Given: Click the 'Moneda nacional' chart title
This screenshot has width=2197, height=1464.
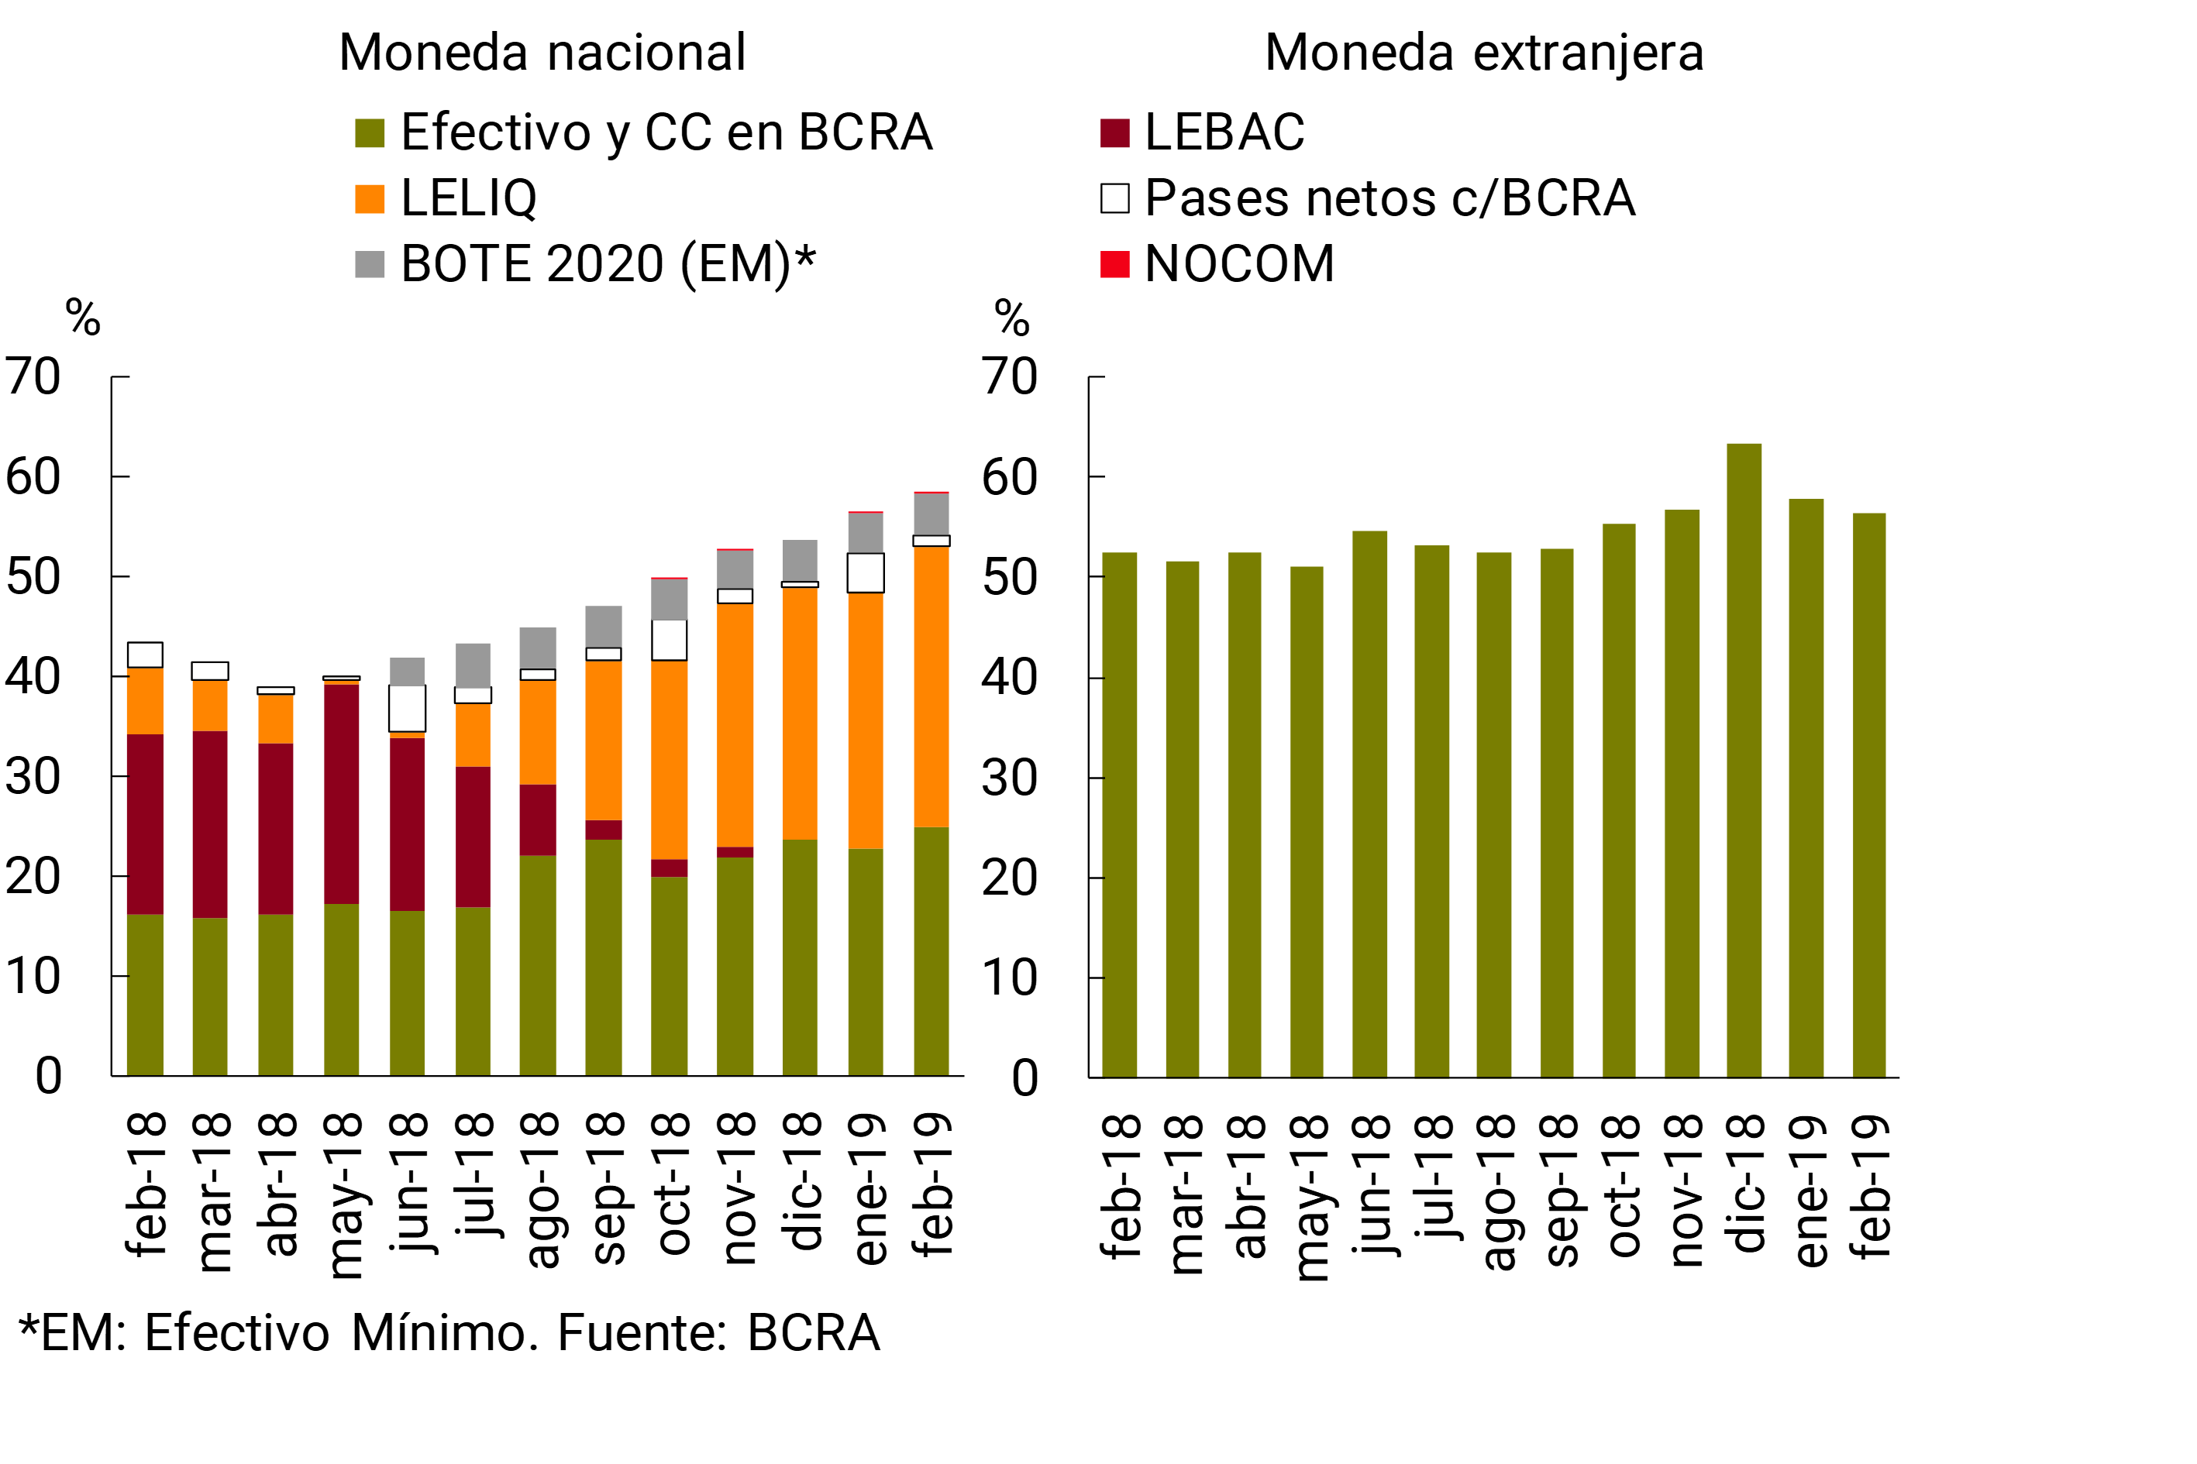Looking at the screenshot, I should click(542, 53).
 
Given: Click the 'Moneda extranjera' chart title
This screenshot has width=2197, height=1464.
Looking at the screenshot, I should click(1483, 53).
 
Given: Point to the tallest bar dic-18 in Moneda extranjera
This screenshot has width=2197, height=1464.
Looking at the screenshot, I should click(1743, 760).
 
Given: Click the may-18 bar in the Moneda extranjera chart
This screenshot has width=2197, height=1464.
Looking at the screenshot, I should click(1306, 822).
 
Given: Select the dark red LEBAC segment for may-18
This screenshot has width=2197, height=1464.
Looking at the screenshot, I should click(341, 794).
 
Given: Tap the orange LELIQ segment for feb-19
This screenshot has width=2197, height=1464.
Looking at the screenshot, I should click(931, 686).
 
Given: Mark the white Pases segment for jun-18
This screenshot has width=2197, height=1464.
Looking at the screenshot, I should click(408, 709).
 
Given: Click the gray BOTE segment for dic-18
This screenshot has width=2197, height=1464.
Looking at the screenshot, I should click(800, 560).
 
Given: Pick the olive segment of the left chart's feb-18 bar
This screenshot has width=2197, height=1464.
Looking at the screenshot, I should click(145, 995).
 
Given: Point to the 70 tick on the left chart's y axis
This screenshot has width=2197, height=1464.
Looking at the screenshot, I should click(33, 377).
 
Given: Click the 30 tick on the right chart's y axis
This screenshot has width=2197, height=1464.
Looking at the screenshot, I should click(1009, 778).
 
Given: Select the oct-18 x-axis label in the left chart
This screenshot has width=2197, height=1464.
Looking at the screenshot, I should click(672, 1184).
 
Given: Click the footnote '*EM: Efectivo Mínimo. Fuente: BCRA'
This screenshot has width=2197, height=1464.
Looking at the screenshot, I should click(449, 1332).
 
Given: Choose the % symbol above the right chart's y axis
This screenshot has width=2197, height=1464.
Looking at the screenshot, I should click(1011, 318).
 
